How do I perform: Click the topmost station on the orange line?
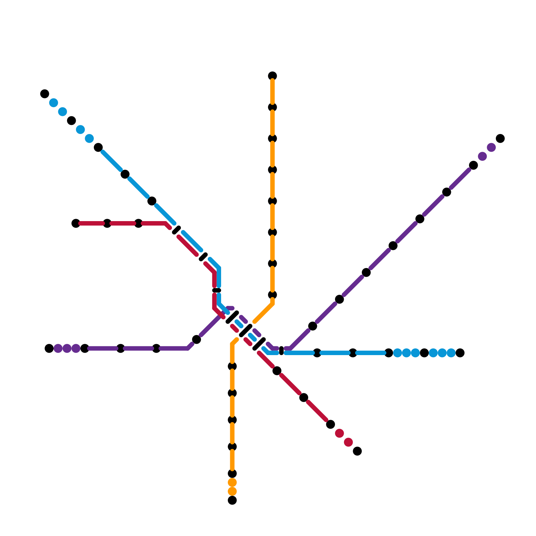[272, 76]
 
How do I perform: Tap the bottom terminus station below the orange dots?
[232, 500]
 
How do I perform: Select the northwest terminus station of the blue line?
[45, 94]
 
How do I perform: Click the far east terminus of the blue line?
[460, 353]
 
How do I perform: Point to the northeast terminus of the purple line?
[500, 138]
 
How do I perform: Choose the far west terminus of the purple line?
[49, 348]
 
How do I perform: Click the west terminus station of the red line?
[76, 223]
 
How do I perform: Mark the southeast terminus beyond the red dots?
[357, 451]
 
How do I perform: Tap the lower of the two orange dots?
[232, 491]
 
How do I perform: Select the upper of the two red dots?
[339, 433]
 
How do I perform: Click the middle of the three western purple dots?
[67, 348]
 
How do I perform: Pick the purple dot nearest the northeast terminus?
[491, 147]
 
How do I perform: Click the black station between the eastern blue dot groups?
[424, 353]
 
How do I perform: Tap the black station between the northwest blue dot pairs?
[71, 121]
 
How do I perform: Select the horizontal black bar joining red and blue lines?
[217, 290]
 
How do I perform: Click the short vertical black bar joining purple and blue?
[281, 351]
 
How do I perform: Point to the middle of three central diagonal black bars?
[246, 331]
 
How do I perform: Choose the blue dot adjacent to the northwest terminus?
[54, 103]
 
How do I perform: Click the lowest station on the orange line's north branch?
[272, 295]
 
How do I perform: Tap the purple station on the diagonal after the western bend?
[197, 339]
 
